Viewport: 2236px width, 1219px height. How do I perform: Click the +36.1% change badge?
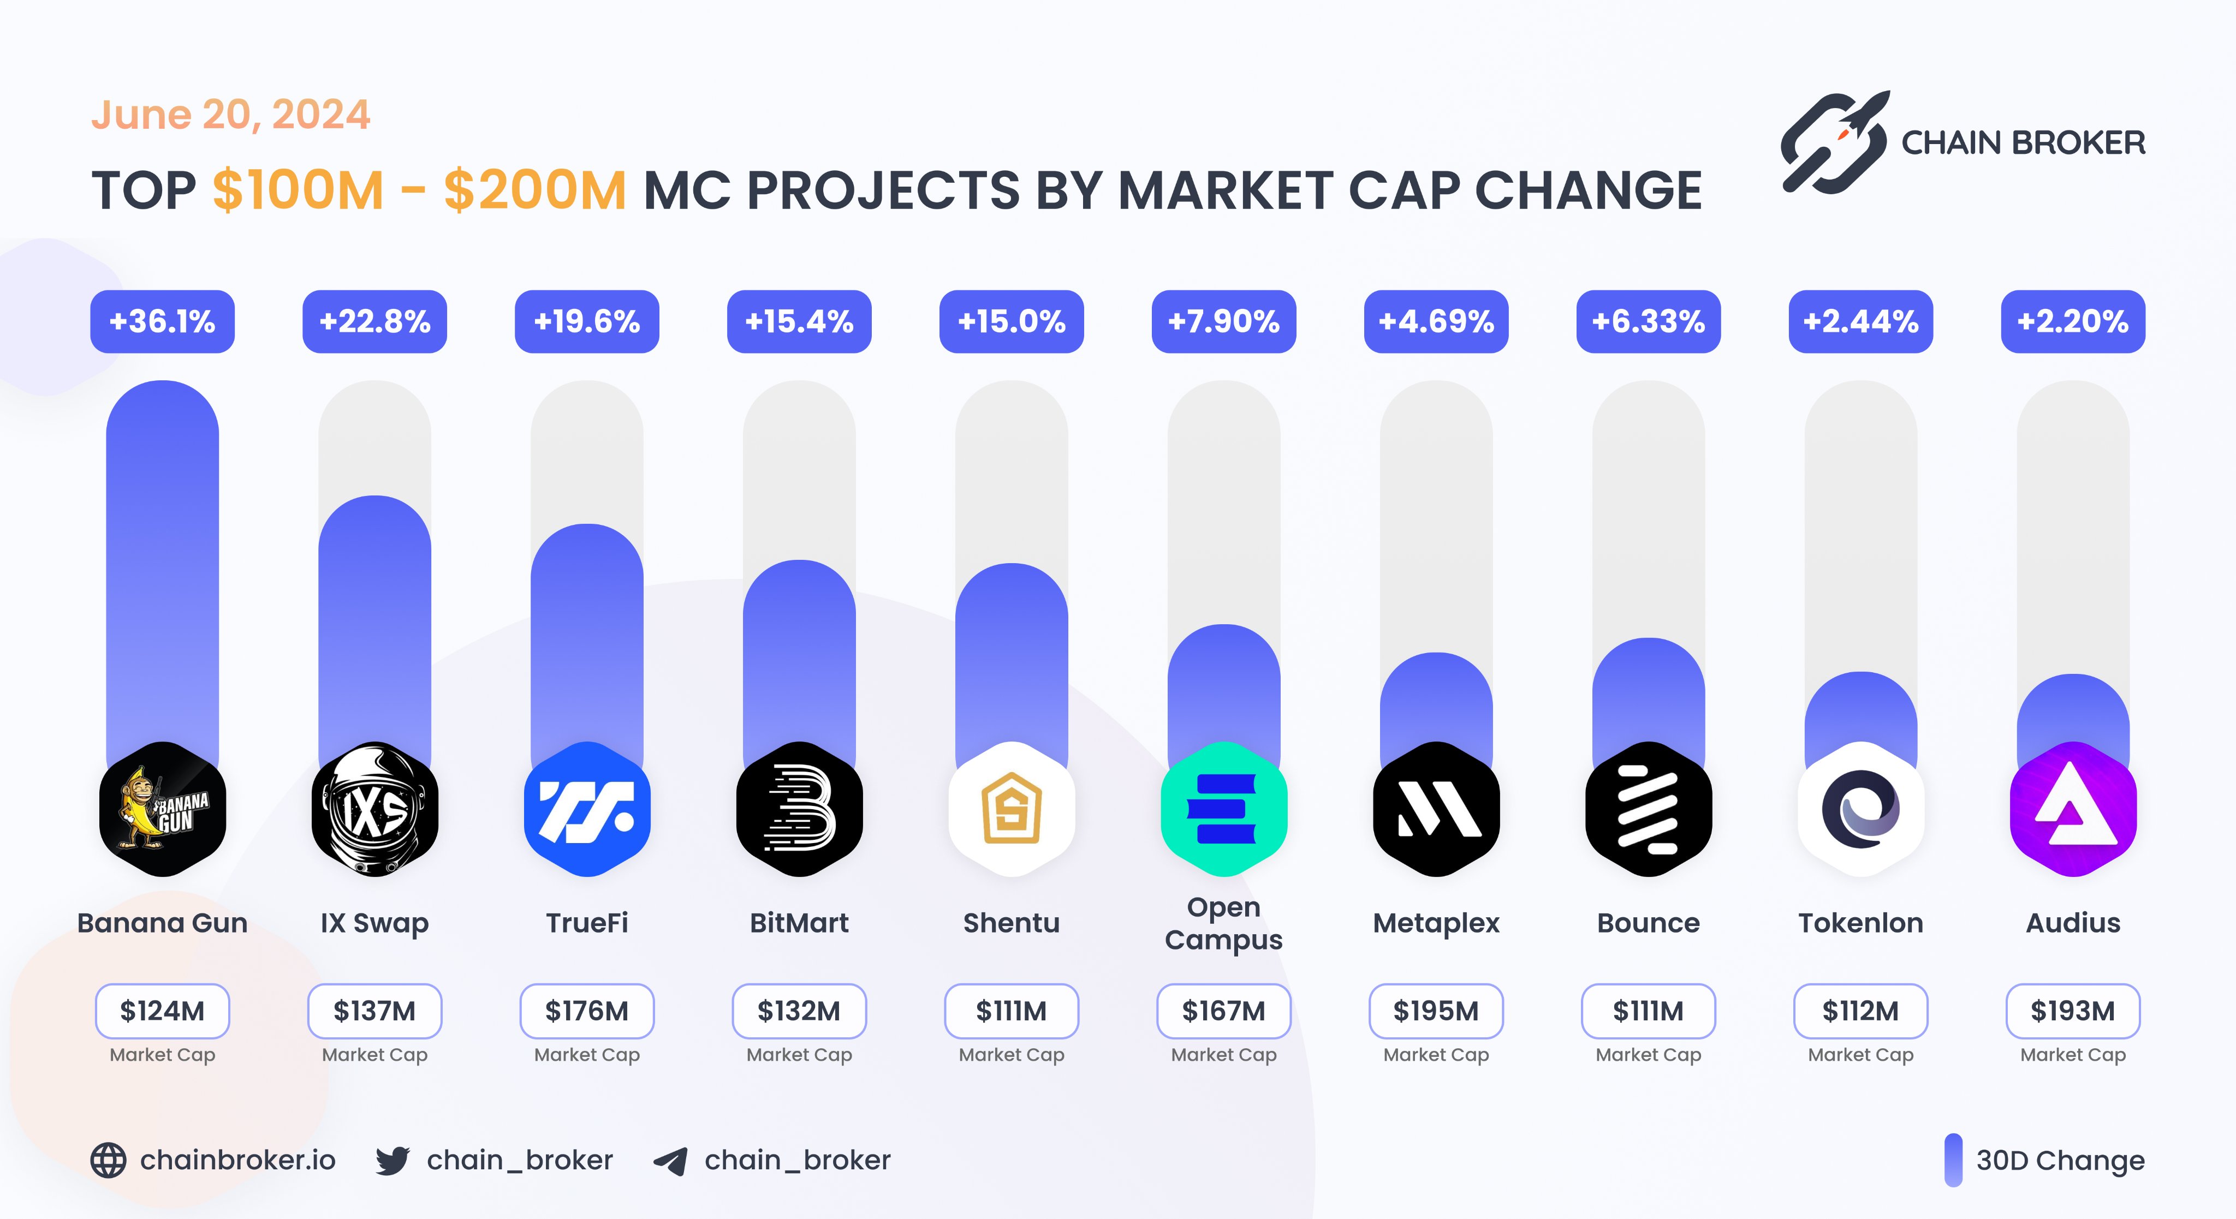click(162, 322)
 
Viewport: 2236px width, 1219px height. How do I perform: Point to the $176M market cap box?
click(587, 1011)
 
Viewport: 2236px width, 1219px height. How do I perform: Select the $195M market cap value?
click(1436, 1011)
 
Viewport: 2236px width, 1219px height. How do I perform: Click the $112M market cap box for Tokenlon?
click(1860, 1011)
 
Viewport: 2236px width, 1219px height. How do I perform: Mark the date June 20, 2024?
click(231, 115)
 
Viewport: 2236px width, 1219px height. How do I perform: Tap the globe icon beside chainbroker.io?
click(109, 1160)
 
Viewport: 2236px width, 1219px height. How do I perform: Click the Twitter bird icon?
click(393, 1160)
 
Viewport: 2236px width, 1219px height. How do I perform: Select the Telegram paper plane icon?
click(670, 1161)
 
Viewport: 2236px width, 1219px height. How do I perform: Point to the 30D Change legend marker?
click(1953, 1160)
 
